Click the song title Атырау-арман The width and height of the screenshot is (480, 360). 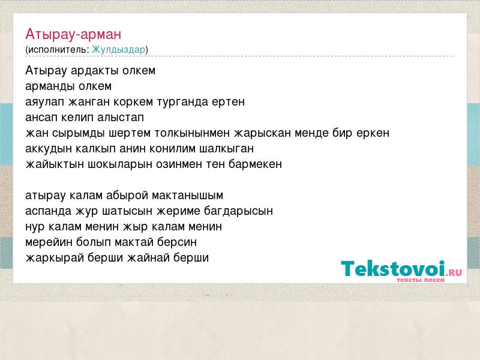(x=73, y=34)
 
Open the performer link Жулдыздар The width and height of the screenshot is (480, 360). (x=118, y=50)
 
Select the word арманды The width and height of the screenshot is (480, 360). (x=50, y=86)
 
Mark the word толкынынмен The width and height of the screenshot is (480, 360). (x=192, y=133)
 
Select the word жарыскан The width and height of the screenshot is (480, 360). (x=262, y=133)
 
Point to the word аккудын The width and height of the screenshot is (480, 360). (x=48, y=149)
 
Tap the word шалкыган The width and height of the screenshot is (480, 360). (x=227, y=149)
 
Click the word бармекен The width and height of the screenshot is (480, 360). (x=255, y=164)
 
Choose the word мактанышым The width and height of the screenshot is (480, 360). (x=187, y=196)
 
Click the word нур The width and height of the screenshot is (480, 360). (x=35, y=227)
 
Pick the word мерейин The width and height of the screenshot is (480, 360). (x=49, y=242)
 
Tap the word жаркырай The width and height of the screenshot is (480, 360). (x=55, y=258)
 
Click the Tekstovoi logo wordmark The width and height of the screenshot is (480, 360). (x=393, y=268)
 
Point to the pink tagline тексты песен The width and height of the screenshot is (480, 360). (x=421, y=280)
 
